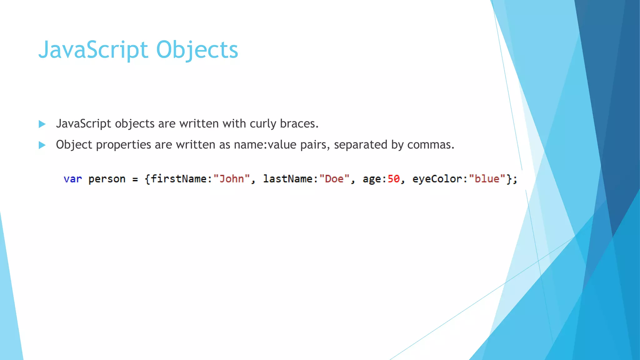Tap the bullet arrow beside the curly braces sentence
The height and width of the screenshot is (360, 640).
point(42,124)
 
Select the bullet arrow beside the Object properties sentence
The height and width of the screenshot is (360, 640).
point(42,145)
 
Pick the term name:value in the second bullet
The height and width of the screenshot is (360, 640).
point(265,145)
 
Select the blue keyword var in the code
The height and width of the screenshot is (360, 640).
point(73,179)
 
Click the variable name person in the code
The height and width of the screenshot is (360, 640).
point(107,179)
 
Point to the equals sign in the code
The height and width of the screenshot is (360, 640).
point(135,179)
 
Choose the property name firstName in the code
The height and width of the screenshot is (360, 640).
point(179,179)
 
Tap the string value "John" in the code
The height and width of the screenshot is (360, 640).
point(232,179)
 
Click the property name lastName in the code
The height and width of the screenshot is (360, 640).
point(288,179)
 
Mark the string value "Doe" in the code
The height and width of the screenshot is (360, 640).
point(334,179)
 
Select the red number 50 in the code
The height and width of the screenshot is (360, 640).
point(393,179)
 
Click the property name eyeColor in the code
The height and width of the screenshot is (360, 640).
point(437,179)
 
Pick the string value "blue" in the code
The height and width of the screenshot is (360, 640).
point(487,179)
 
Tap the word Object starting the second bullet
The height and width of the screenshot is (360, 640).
point(74,145)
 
